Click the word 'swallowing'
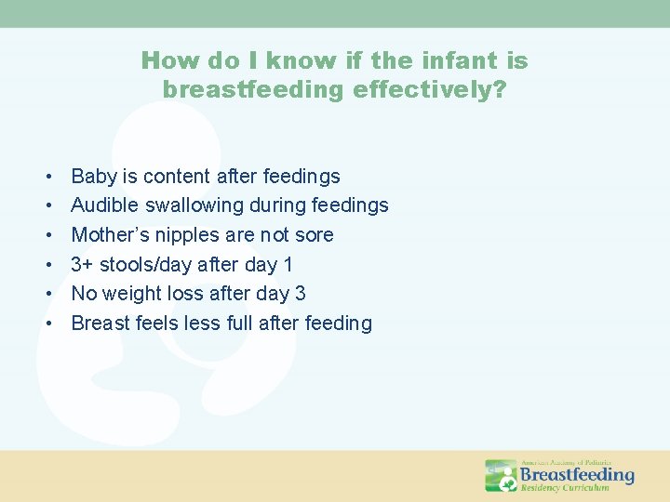[191, 205]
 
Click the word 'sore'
[314, 235]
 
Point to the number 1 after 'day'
[288, 265]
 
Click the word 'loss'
[190, 294]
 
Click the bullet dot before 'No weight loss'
[46, 295]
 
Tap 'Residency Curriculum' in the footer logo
[565, 487]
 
